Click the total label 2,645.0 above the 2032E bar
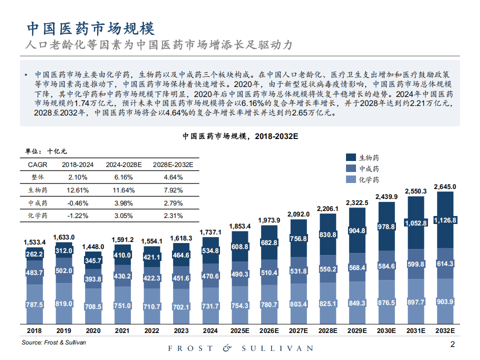444,186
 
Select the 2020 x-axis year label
93,330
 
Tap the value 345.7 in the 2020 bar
93,261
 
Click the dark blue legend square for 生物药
350,157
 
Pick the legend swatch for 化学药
350,180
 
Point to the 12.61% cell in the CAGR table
78,190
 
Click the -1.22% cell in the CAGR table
78,215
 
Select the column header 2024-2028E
123,164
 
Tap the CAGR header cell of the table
37,164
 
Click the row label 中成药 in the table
37,203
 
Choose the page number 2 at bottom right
452,344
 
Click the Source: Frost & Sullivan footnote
53,342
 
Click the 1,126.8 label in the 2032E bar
445,220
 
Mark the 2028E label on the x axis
327,330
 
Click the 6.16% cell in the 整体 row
123,177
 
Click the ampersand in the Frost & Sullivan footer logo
227,348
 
